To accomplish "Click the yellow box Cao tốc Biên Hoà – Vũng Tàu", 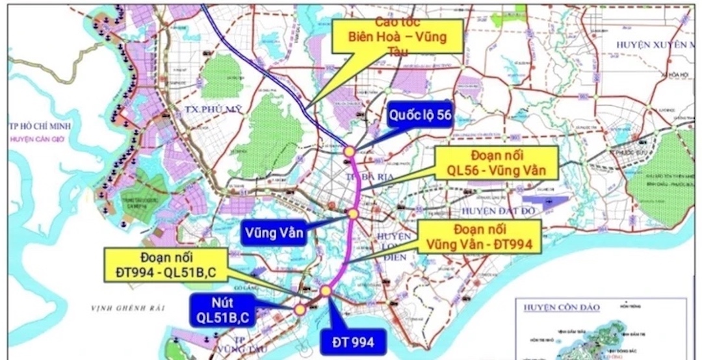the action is (397, 37).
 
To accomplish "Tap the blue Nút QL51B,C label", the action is (223, 310).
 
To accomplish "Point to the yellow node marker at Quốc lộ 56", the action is (349, 151).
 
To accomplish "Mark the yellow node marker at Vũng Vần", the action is (352, 213).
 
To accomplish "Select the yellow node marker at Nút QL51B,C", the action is (300, 309).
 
